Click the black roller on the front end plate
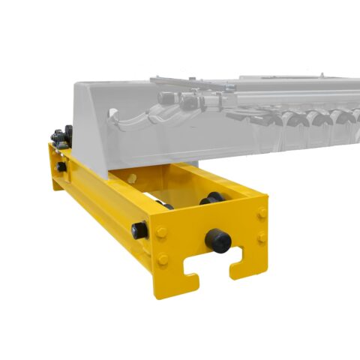(219, 240)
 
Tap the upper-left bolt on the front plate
(162, 231)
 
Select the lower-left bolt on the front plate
(163, 259)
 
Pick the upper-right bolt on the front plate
(261, 213)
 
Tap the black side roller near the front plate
(139, 230)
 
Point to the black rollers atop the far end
(60, 135)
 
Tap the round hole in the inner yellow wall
(132, 178)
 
